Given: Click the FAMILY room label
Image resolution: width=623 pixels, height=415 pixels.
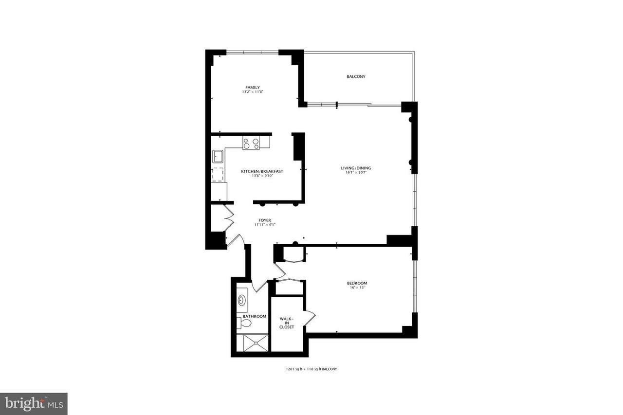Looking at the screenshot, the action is (x=253, y=88).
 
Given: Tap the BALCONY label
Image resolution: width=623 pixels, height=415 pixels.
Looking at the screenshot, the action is (x=356, y=76).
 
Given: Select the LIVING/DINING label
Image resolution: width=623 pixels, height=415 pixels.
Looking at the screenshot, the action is (x=356, y=168).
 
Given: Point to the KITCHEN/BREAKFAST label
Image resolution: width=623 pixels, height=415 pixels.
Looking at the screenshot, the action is (x=262, y=172).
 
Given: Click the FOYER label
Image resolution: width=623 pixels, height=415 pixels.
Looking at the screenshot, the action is (x=264, y=220).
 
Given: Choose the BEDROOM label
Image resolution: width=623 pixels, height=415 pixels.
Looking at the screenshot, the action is (x=357, y=283).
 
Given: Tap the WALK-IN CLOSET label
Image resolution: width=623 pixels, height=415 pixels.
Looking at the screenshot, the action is (x=287, y=323).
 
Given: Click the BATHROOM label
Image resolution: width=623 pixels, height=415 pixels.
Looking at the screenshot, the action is (x=255, y=316).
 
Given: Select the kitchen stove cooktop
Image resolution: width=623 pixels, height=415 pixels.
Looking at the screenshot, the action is (x=251, y=143).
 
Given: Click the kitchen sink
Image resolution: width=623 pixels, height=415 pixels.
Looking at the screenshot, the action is (x=218, y=157).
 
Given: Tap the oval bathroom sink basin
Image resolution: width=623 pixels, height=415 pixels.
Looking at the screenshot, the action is (x=241, y=301).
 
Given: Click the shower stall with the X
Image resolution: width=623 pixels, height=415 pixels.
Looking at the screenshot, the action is (x=256, y=343).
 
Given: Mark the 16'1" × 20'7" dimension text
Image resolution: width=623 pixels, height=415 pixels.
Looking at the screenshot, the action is (x=356, y=173).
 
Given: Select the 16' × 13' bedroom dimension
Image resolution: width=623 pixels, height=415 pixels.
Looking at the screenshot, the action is (x=357, y=288).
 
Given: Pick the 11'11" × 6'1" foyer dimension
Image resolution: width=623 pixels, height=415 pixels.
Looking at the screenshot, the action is (x=265, y=225).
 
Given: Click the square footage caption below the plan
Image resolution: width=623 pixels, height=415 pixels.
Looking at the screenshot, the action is (x=311, y=369).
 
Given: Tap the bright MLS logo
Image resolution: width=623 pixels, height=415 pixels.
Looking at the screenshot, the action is (x=34, y=404).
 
